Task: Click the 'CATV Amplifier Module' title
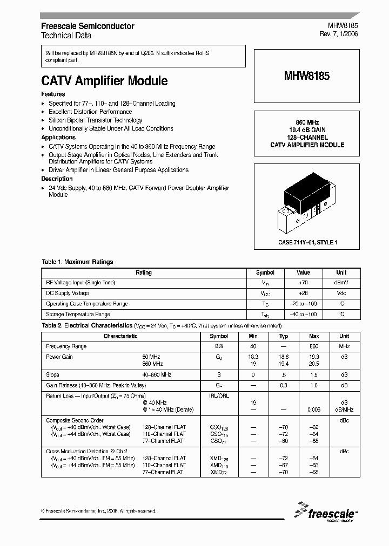pyautogui.click(x=104, y=81)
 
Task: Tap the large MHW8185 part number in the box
pyautogui.click(x=306, y=76)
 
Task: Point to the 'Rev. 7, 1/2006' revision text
pyautogui.click(x=338, y=35)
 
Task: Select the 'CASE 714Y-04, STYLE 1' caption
pyautogui.click(x=307, y=243)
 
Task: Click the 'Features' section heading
pyautogui.click(x=53, y=94)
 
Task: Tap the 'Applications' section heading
pyautogui.click(x=58, y=138)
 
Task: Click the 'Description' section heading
pyautogui.click(x=57, y=179)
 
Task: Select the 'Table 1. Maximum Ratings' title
pyautogui.click(x=77, y=262)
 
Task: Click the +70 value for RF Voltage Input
pyautogui.click(x=304, y=283)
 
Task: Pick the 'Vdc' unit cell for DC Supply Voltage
pyautogui.click(x=341, y=293)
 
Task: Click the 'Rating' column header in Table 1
pyautogui.click(x=144, y=272)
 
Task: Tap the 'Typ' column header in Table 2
pyautogui.click(x=284, y=336)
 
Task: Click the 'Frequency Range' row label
pyautogui.click(x=66, y=346)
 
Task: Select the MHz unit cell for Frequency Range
pyautogui.click(x=344, y=346)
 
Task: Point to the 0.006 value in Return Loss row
pyautogui.click(x=314, y=409)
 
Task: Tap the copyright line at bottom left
pyautogui.click(x=99, y=510)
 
